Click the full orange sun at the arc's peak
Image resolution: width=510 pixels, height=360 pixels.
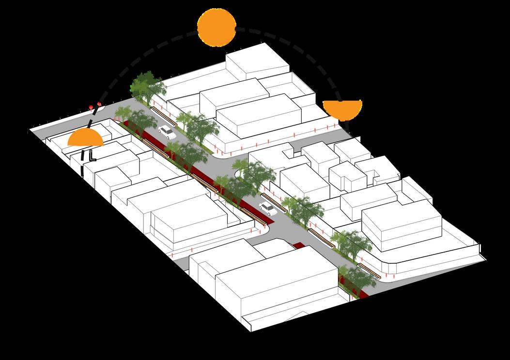(x=216, y=28)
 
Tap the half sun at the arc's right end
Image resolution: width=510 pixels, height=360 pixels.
(x=342, y=109)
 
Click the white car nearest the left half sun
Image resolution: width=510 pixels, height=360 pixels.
(x=166, y=131)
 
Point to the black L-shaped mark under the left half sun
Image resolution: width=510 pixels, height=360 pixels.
(x=92, y=156)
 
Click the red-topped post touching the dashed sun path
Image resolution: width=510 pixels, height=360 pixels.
(x=99, y=105)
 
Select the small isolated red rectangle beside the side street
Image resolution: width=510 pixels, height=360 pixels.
(x=301, y=246)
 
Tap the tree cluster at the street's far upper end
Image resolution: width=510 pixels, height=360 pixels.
(x=147, y=87)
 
